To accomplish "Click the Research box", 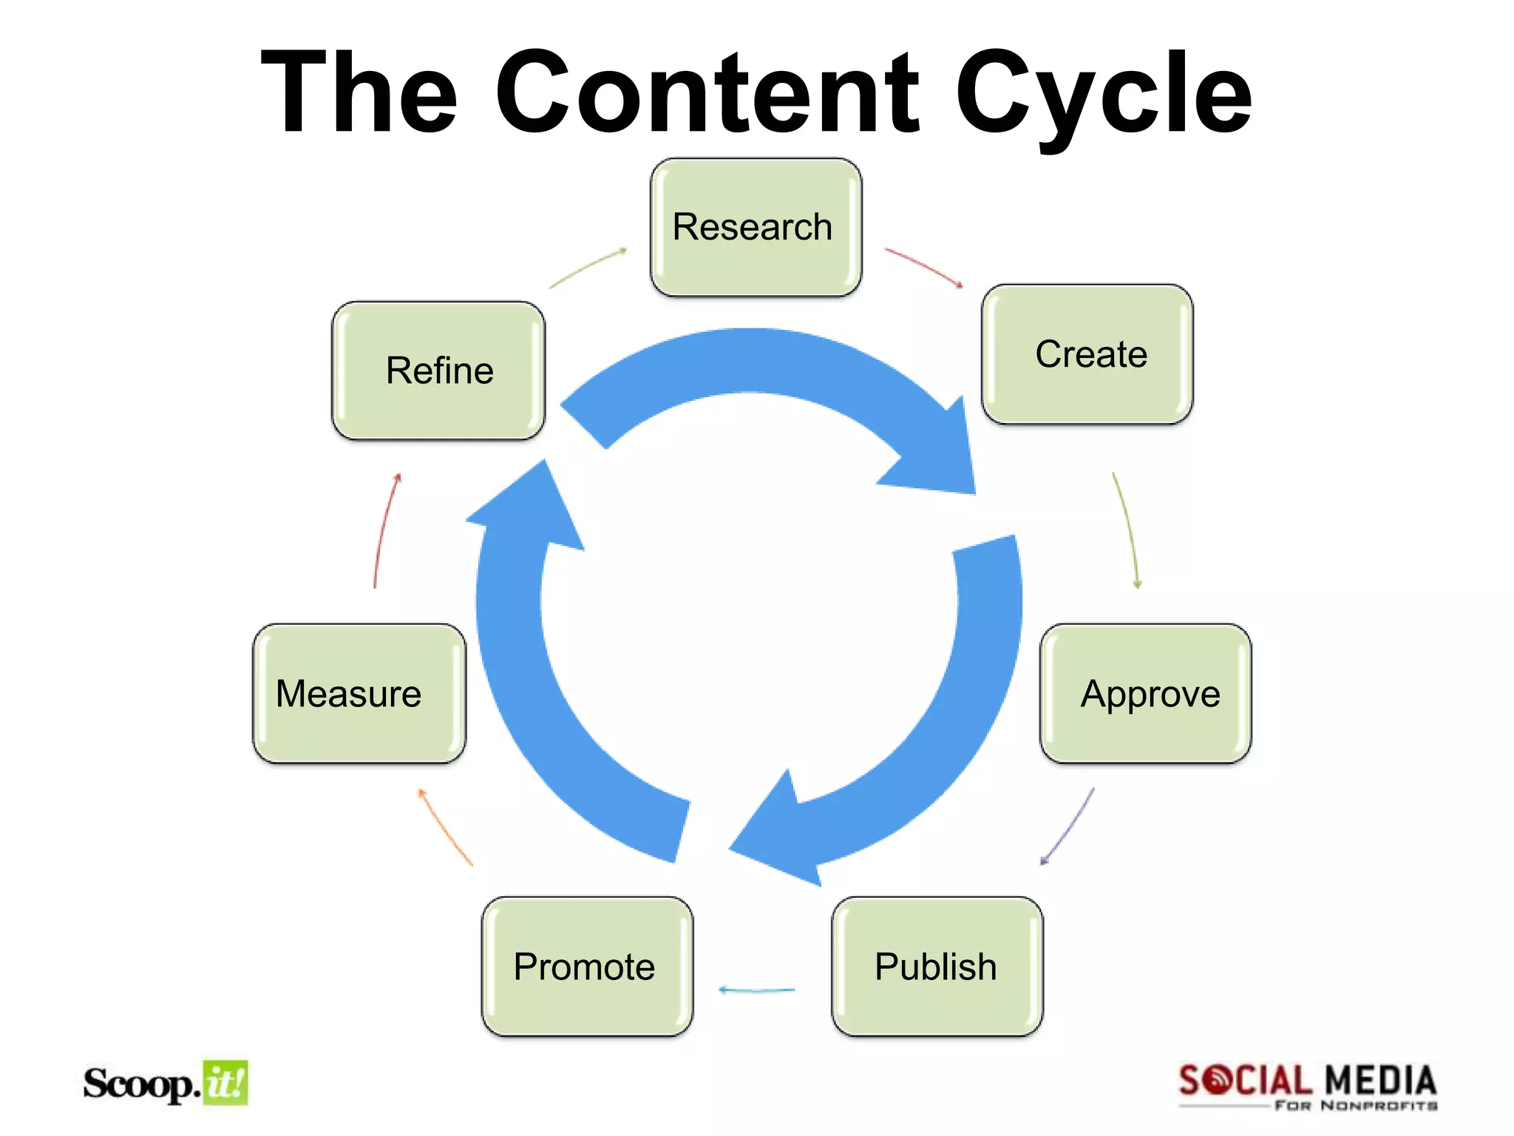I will click(756, 227).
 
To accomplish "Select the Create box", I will click(1087, 354).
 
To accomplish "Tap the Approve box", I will click(1145, 693).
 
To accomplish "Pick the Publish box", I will click(937, 966).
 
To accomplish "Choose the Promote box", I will click(587, 966).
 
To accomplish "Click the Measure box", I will click(359, 693).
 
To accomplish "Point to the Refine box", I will click(438, 370).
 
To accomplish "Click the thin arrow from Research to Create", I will click(924, 267).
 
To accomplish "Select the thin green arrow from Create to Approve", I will click(1127, 530).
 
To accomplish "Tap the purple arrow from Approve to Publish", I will click(1068, 827).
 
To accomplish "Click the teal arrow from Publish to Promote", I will click(756, 990).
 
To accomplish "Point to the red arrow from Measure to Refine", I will click(384, 530).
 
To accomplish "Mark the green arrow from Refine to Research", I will click(588, 267).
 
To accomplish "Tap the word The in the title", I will click(359, 92).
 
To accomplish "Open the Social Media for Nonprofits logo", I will click(1307, 1086).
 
